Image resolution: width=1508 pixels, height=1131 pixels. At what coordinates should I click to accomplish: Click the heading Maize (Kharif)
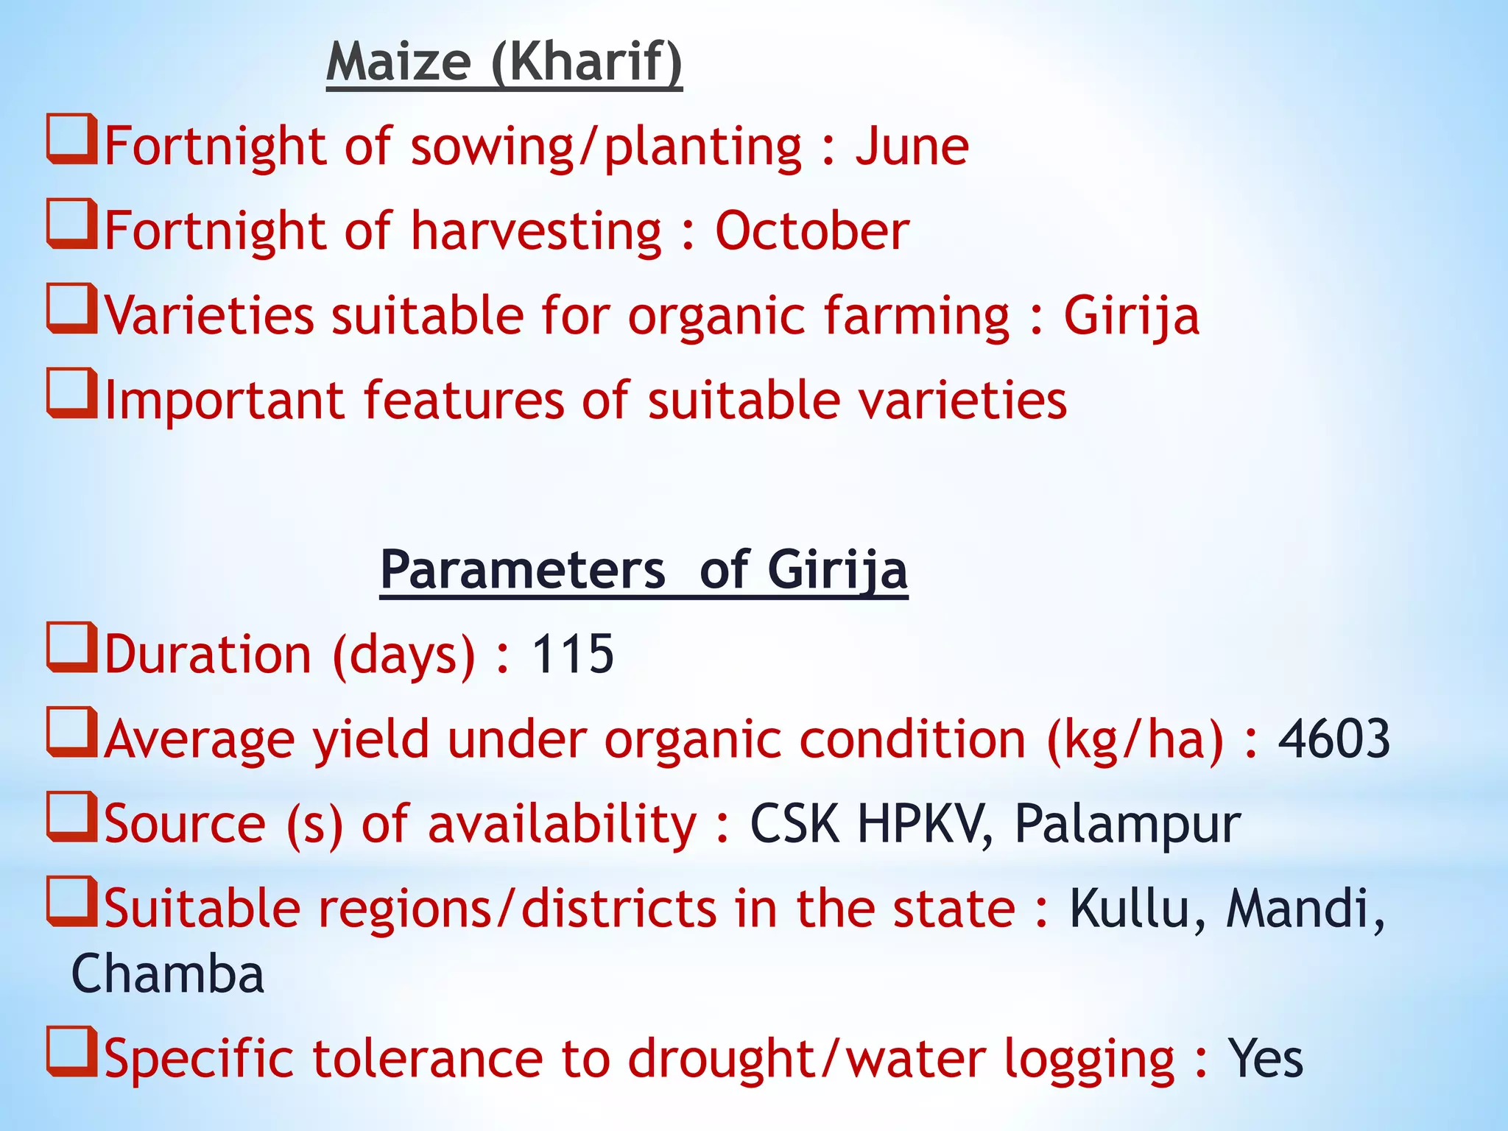tap(504, 62)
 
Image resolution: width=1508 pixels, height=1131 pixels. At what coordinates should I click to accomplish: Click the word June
tap(912, 146)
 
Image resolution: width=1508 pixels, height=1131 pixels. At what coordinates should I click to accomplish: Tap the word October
tap(811, 231)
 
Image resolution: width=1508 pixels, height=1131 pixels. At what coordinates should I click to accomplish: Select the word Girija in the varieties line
tap(1131, 316)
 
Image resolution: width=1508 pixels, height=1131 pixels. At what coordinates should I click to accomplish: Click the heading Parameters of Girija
tap(644, 570)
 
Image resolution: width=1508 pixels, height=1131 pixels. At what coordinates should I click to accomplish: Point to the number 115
tap(572, 654)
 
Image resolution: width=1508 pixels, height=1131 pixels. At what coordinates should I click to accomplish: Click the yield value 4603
tap(1333, 739)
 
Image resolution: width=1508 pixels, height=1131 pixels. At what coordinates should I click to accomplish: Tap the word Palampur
tap(1127, 824)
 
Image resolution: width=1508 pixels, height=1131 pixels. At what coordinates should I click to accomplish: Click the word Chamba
tap(168, 974)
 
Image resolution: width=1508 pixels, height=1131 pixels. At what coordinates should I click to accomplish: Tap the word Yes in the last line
tap(1265, 1059)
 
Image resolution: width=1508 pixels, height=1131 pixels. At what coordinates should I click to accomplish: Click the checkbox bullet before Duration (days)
tap(72, 647)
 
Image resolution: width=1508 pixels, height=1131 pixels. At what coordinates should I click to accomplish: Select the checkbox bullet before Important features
tap(72, 393)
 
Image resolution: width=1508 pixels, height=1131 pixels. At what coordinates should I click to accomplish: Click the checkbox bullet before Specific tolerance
tap(72, 1051)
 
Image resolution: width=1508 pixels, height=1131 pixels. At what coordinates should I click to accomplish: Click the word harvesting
tap(536, 231)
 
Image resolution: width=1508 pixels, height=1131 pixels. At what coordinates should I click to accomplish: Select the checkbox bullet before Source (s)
tap(72, 817)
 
